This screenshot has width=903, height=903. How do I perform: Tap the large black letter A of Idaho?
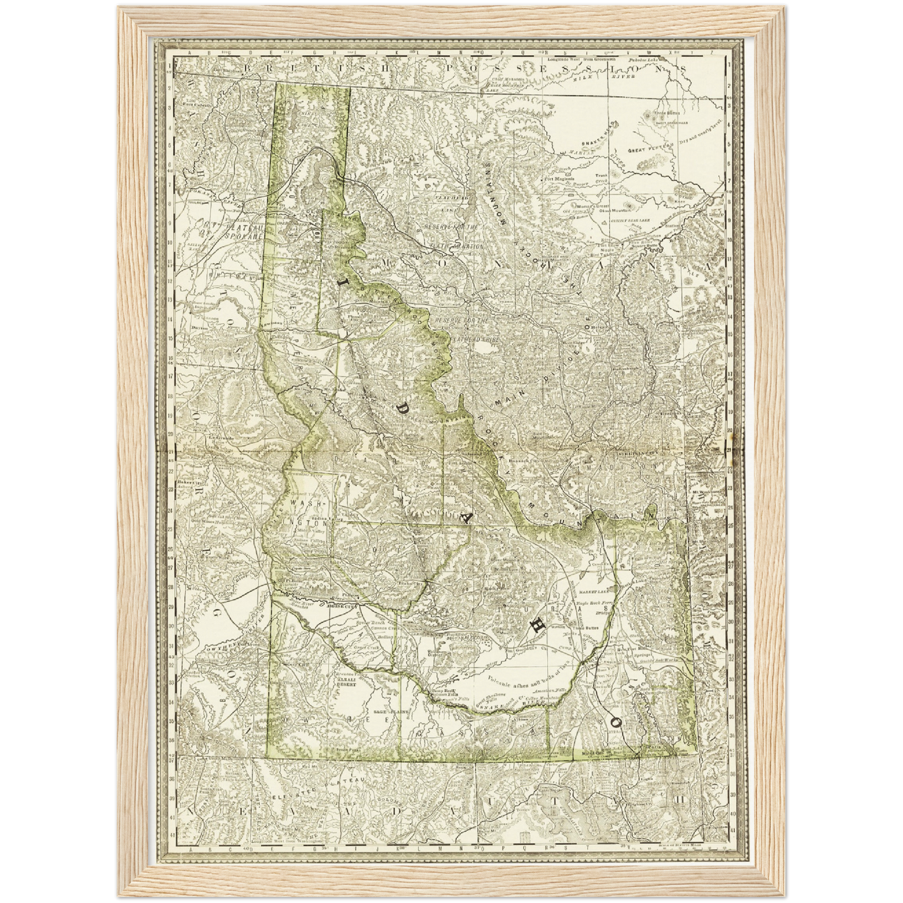pos(467,516)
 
